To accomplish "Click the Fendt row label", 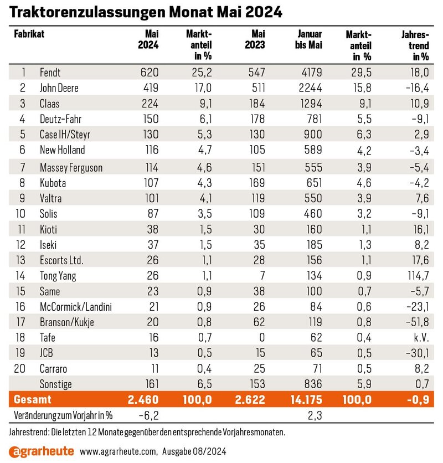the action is coord(50,73).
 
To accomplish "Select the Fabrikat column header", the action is coord(29,34).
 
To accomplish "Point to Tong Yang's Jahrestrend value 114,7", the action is coord(418,275).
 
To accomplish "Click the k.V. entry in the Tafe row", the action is coord(421,337).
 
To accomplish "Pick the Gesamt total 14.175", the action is coord(306,399).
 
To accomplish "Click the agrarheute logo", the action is coord(42,451).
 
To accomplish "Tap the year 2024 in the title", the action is coord(264,12).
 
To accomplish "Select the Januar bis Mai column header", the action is coord(308,39).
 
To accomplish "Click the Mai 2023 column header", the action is coord(255,39).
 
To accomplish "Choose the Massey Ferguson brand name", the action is coord(71,168).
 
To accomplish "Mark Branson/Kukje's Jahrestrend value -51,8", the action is coord(418,322).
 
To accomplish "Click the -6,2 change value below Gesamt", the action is coord(149,415).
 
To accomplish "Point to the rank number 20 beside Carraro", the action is coord(20,368).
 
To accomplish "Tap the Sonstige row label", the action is coord(55,384).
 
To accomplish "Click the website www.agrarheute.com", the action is coord(119,452).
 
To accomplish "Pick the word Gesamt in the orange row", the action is coord(33,399).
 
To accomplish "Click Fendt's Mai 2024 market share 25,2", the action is coord(202,73).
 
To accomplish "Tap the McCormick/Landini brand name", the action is coord(76,307).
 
